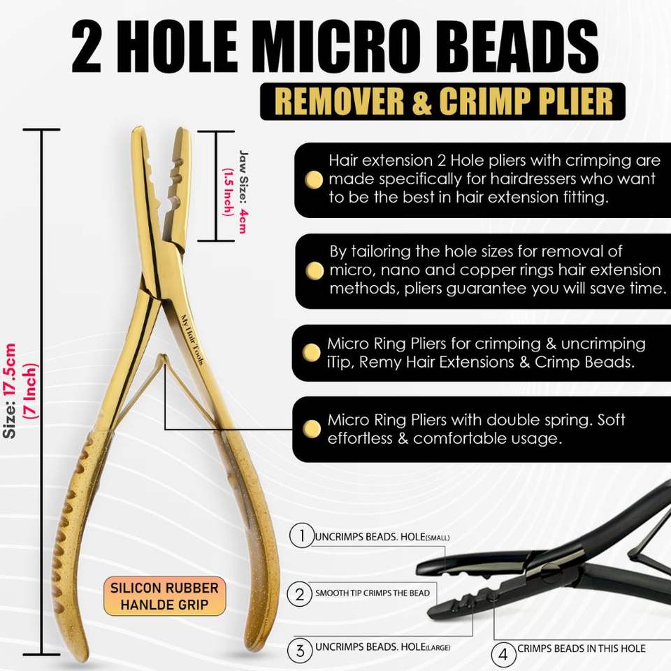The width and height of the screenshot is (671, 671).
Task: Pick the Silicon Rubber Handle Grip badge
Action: (x=165, y=596)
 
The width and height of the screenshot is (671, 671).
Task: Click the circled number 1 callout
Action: (x=301, y=537)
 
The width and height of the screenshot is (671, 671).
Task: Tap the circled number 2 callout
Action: (x=300, y=594)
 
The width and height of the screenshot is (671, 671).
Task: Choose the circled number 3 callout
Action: (x=300, y=651)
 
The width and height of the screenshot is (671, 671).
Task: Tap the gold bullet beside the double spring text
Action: (x=315, y=428)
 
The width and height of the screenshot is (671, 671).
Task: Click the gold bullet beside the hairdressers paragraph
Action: (x=315, y=180)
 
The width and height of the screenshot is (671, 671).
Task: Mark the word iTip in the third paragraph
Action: (x=340, y=363)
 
